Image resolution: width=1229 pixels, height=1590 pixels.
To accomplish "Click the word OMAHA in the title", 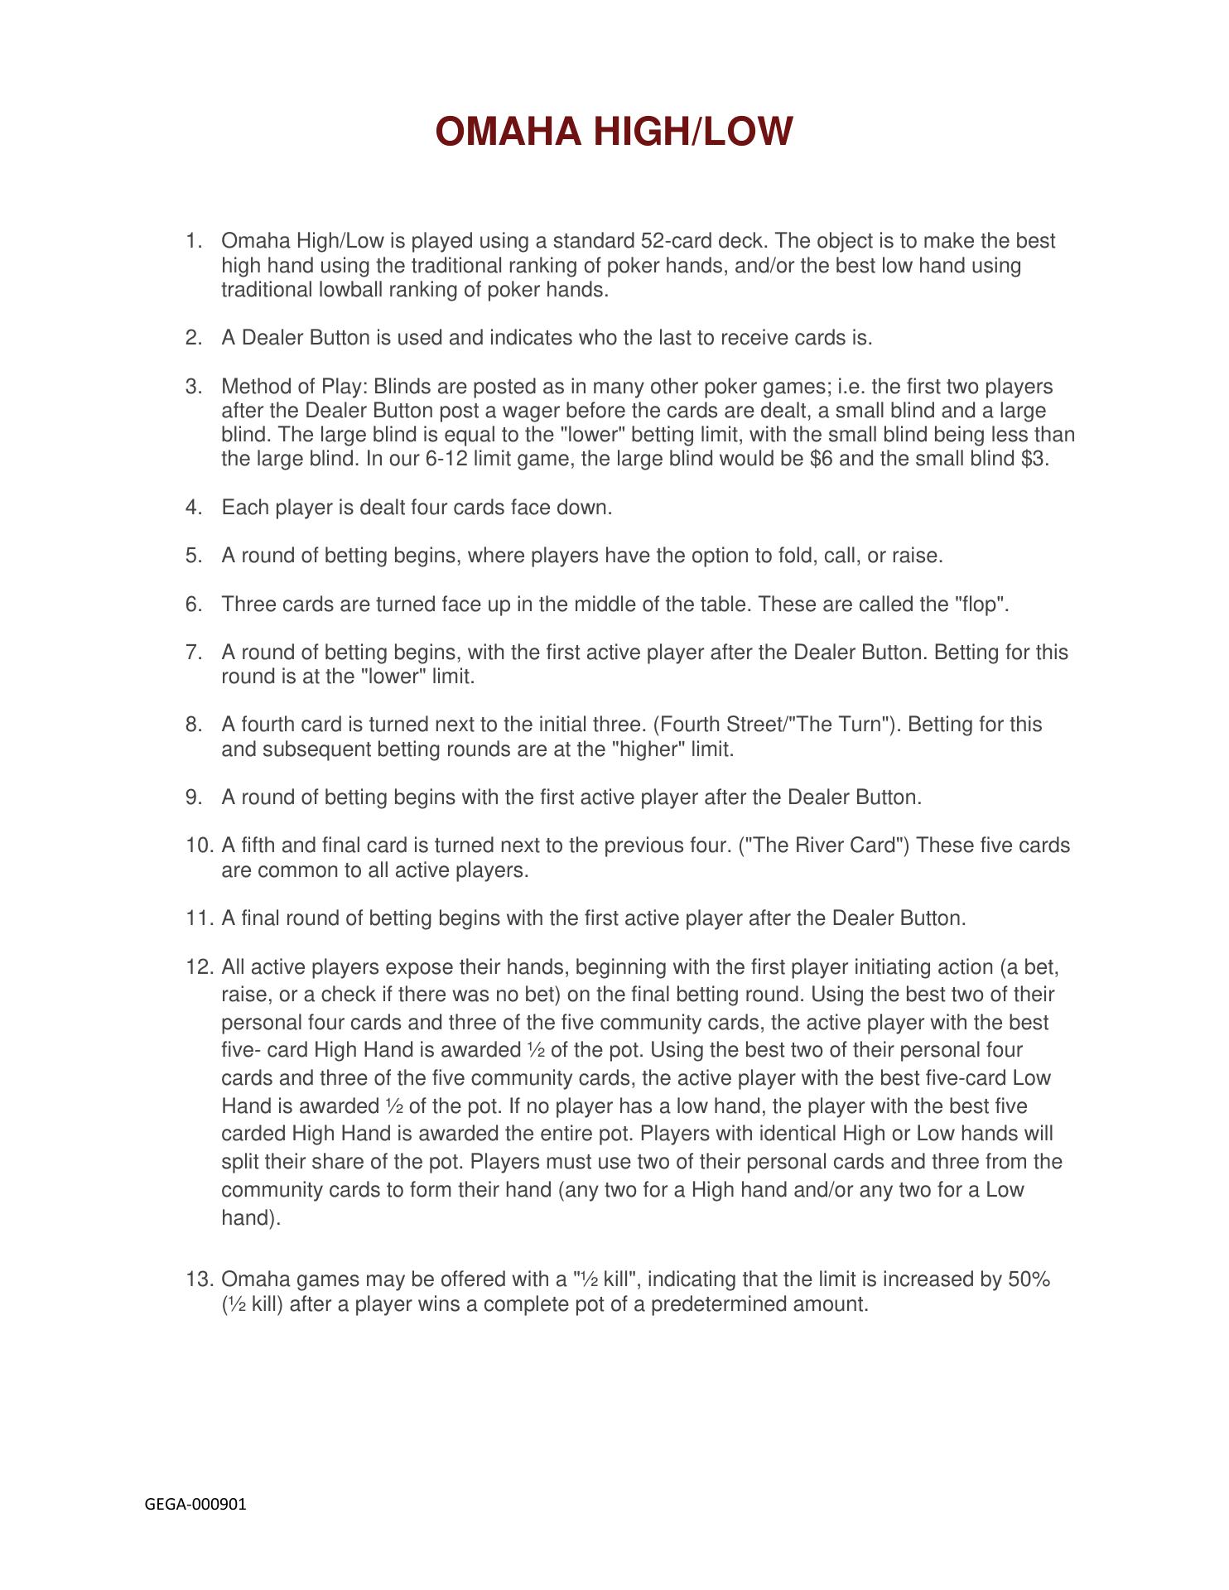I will tap(508, 132).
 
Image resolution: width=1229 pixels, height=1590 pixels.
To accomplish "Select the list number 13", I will tap(200, 1279).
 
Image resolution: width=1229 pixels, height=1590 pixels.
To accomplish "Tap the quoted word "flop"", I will tap(982, 605).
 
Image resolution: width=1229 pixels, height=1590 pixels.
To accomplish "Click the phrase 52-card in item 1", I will tap(677, 241).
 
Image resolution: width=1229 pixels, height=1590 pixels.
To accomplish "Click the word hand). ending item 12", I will tap(251, 1218).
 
